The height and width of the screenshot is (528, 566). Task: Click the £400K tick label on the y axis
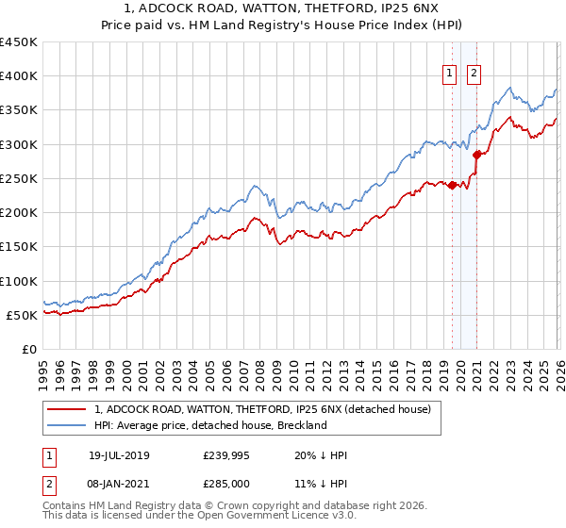(x=19, y=76)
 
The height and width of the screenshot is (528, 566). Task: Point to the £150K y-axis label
(x=19, y=247)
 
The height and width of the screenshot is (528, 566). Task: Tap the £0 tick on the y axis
(x=28, y=349)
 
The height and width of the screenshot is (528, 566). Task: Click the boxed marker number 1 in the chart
(x=450, y=74)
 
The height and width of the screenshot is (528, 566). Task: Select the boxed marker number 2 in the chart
(x=474, y=74)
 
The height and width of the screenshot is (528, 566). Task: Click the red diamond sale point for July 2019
(x=452, y=185)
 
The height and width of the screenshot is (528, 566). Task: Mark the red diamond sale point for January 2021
(x=476, y=155)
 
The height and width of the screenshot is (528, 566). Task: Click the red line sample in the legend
(x=68, y=409)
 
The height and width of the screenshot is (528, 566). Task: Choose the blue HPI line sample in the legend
(x=68, y=425)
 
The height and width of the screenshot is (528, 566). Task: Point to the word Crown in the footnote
(x=225, y=506)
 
